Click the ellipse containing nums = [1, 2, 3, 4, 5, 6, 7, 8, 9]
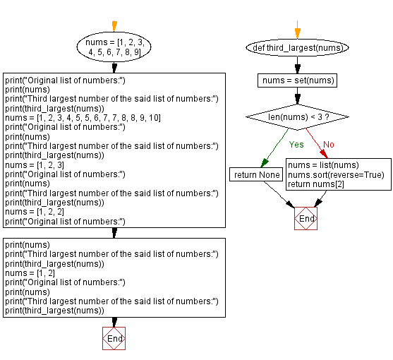[x=114, y=47]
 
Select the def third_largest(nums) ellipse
[x=297, y=48]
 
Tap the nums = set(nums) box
[x=297, y=80]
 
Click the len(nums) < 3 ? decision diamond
[x=297, y=116]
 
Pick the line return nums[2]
[x=313, y=184]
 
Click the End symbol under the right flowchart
[x=306, y=218]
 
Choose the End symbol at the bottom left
[x=114, y=339]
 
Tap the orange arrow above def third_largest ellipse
[x=297, y=31]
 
